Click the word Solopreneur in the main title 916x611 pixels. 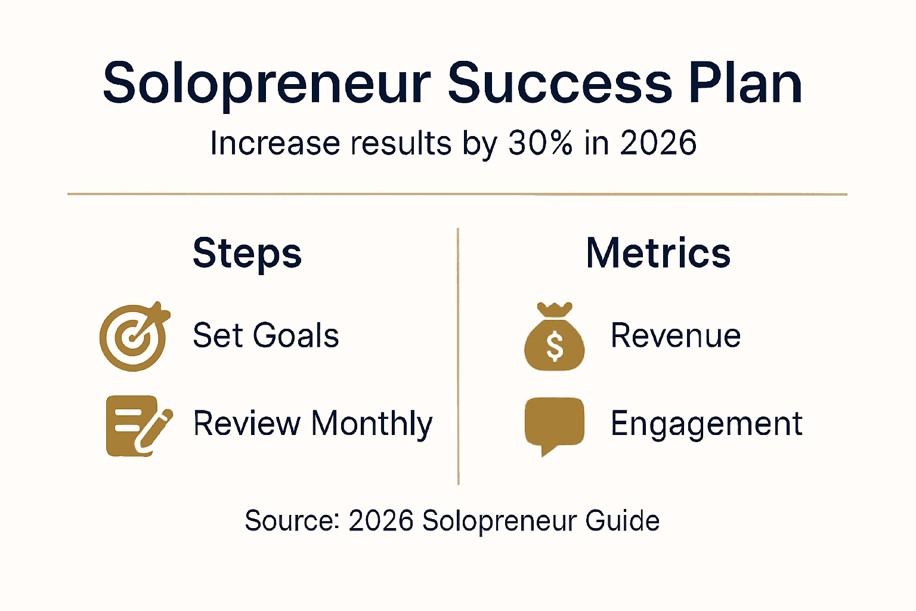(x=266, y=84)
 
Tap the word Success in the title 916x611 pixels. (x=560, y=84)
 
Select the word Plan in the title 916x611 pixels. (x=745, y=84)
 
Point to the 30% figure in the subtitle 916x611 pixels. (x=541, y=144)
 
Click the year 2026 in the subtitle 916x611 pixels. (x=658, y=144)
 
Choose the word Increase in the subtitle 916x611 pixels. (x=276, y=144)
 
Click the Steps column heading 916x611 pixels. (x=247, y=254)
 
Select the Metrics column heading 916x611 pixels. (x=658, y=253)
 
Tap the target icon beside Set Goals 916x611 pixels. (x=134, y=337)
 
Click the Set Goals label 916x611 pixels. (x=266, y=335)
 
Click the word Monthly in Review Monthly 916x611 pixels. (x=372, y=425)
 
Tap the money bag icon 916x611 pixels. (x=555, y=338)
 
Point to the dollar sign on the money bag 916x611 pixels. (x=555, y=347)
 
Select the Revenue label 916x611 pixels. (x=676, y=335)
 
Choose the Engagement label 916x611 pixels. (x=707, y=425)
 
